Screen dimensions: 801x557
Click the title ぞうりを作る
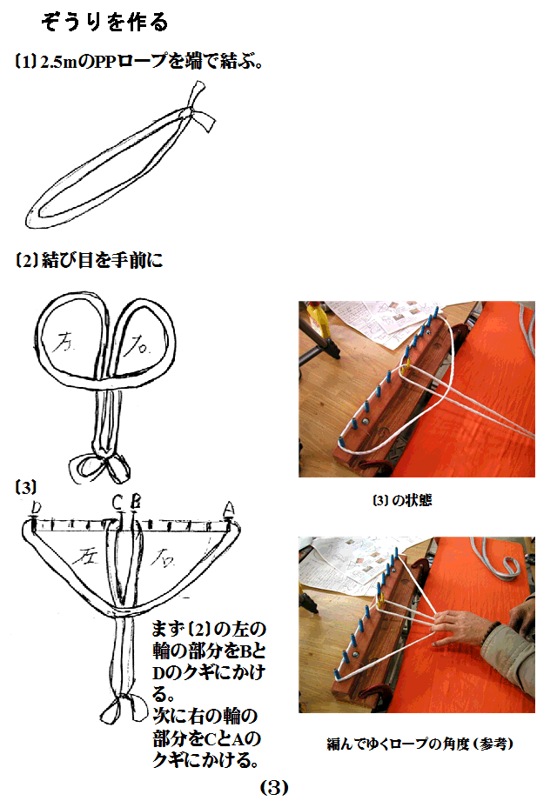(104, 21)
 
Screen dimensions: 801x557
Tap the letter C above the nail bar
(118, 502)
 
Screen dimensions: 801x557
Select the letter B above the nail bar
(134, 502)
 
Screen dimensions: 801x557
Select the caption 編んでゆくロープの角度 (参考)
(413, 743)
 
